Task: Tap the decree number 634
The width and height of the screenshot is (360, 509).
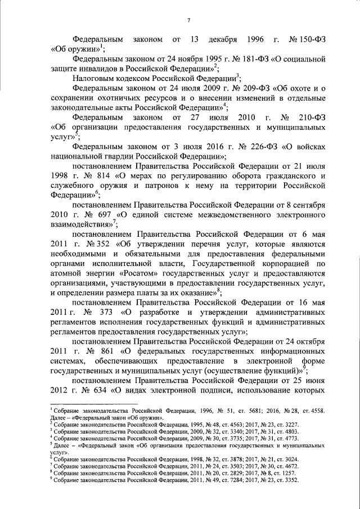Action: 99,391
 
